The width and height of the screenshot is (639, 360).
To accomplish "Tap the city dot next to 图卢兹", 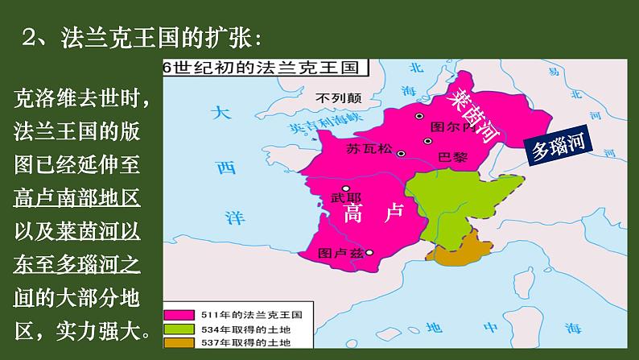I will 370,252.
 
